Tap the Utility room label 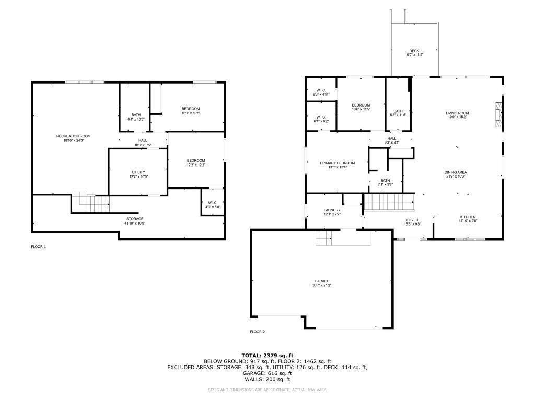pos(138,172)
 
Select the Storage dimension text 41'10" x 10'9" pos(135,223)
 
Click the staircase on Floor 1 pos(91,203)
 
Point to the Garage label pos(322,281)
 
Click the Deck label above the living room pos(414,51)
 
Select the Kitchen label pos(468,217)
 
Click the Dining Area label pos(456,172)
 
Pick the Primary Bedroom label pos(337,163)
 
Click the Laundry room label pos(332,210)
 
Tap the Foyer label pos(413,220)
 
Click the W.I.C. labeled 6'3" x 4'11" pos(321,90)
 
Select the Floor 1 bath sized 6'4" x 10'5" pos(136,115)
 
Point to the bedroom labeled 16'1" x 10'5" pos(191,109)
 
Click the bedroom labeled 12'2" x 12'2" pos(196,160)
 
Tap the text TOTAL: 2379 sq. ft pos(267,355)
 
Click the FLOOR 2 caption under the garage pos(258,332)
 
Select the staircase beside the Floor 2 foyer pos(389,201)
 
